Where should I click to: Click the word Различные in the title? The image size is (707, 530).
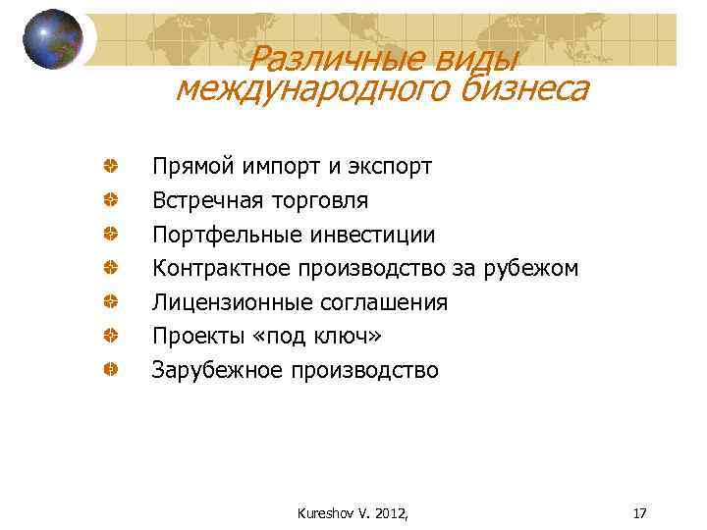point(325,60)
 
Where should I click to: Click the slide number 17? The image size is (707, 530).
point(640,513)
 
